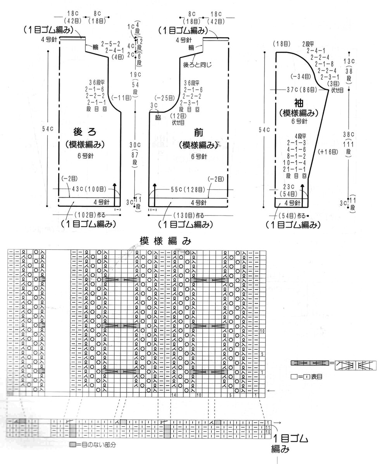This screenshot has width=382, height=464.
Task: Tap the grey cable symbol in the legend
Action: coord(309,363)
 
